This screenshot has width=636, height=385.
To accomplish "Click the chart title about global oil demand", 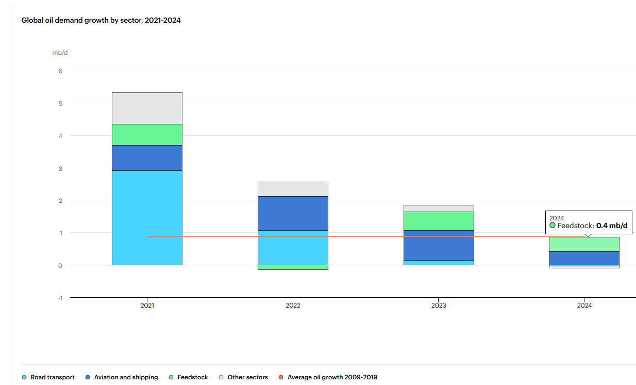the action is click(x=101, y=20).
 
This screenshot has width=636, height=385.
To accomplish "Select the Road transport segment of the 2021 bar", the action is click(x=147, y=218).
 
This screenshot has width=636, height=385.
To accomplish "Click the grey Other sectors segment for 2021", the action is click(x=147, y=108).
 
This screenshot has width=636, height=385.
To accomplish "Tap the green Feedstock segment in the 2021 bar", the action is click(x=147, y=135).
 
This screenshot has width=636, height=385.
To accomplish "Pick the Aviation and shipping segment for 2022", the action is click(x=293, y=213).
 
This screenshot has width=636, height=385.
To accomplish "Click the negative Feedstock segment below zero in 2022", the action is click(x=293, y=267).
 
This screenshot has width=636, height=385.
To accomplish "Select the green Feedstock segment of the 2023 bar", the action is click(x=439, y=221).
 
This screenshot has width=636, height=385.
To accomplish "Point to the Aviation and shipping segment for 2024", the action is click(x=584, y=259).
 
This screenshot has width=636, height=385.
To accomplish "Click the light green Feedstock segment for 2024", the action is click(x=584, y=244).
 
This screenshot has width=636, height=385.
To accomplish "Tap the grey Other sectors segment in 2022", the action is click(x=293, y=189).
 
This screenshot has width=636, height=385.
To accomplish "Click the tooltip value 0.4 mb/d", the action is click(x=612, y=226).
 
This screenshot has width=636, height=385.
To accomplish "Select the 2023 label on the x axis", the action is click(x=439, y=306).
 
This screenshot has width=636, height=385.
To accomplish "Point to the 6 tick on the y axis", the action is click(x=60, y=71).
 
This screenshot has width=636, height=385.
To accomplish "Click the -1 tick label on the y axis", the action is click(x=60, y=298).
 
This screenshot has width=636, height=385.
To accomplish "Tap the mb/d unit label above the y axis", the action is click(x=60, y=53).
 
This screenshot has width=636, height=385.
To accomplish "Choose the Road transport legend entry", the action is click(x=48, y=377).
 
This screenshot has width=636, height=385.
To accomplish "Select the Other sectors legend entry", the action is click(x=243, y=377).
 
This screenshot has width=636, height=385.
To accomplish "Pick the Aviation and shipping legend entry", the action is click(x=122, y=377).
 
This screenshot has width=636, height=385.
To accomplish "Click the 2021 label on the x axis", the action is click(x=147, y=306).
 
